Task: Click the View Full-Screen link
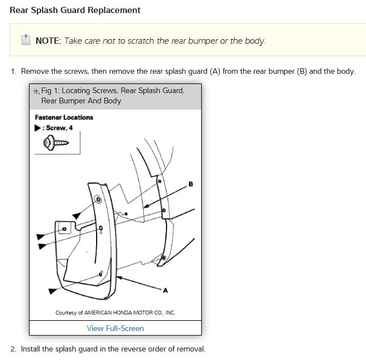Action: (115, 328)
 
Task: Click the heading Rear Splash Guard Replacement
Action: (75, 10)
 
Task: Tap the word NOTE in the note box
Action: (48, 41)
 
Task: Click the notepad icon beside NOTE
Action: (26, 40)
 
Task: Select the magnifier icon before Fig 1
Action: (37, 91)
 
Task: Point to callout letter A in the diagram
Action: (165, 291)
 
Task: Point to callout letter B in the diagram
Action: (190, 184)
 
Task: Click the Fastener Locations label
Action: (64, 118)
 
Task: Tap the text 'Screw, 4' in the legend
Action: (60, 128)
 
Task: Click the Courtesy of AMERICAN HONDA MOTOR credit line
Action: (115, 313)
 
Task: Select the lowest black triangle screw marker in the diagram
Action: (52, 291)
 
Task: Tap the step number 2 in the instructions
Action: (13, 349)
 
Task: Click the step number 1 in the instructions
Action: (13, 72)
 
